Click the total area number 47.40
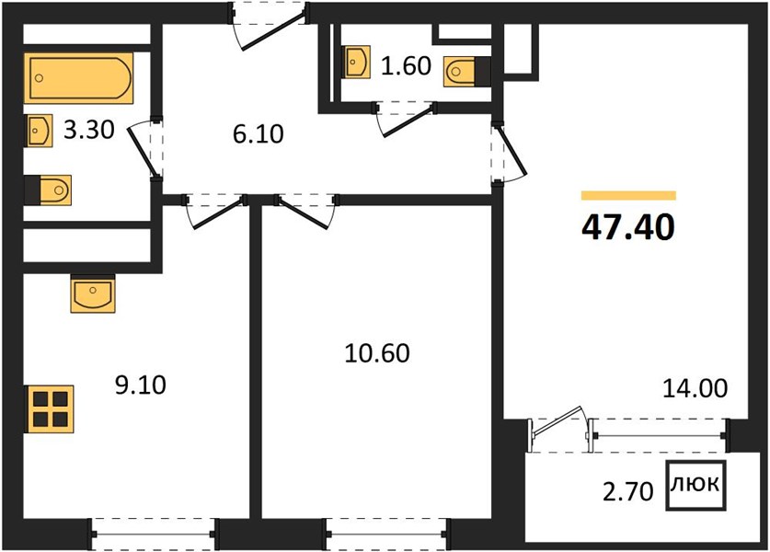[x=628, y=227]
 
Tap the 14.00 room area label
[x=695, y=388]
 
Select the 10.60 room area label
[x=376, y=353]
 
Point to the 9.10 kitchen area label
[x=141, y=385]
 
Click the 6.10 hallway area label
[x=259, y=134]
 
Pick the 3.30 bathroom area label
[x=89, y=130]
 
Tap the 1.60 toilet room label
[x=406, y=66]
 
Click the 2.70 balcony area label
[x=628, y=491]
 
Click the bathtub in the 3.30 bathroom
[x=78, y=78]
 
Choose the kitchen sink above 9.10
[x=93, y=294]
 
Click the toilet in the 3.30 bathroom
[x=48, y=190]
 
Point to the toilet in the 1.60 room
[x=467, y=72]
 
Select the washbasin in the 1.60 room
[x=357, y=62]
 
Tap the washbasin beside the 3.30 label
[x=39, y=131]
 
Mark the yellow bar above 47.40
[x=628, y=195]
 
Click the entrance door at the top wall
[x=270, y=25]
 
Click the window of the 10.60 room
[x=386, y=535]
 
